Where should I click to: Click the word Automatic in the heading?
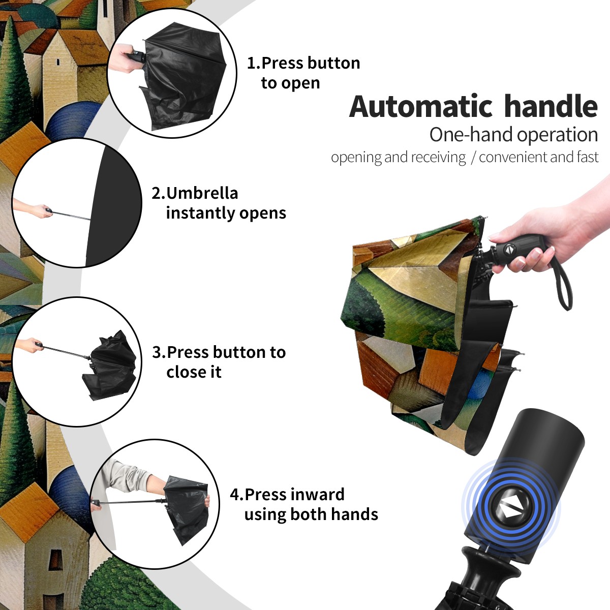click(421, 107)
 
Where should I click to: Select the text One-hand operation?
click(513, 135)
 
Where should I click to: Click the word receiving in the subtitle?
click(441, 157)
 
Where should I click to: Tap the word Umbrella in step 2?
click(202, 193)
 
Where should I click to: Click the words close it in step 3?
click(194, 372)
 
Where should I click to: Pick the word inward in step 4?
click(318, 495)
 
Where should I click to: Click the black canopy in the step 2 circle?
click(114, 206)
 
